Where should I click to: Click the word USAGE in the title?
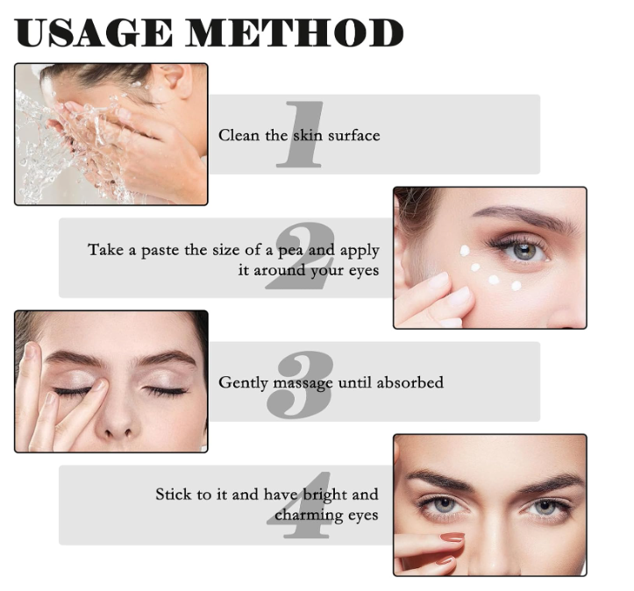(x=94, y=32)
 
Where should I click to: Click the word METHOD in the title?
(x=295, y=32)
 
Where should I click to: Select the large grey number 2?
(x=301, y=255)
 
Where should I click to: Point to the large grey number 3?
(x=301, y=383)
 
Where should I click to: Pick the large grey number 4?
(x=299, y=505)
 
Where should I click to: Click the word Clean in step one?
(x=239, y=135)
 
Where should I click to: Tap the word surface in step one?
(x=353, y=136)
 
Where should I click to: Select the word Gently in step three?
(x=243, y=383)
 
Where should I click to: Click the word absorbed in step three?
(x=410, y=382)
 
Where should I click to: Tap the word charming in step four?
(x=310, y=516)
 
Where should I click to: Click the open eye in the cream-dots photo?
(x=523, y=251)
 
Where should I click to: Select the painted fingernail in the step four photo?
(x=452, y=538)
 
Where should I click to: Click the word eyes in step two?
(x=364, y=271)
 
